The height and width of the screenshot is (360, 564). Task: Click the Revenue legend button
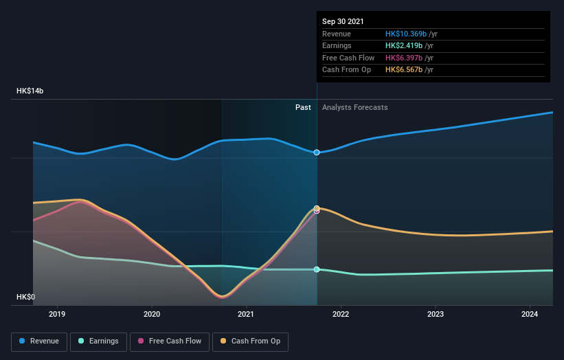40,341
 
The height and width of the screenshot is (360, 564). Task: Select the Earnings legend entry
98,341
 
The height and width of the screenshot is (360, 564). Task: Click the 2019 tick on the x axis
57,314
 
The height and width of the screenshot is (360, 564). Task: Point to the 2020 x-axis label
152,314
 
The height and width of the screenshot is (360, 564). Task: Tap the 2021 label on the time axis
246,314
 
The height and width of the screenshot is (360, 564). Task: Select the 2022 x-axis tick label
341,314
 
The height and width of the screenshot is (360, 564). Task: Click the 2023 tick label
435,314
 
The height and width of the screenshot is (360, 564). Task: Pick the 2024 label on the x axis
530,314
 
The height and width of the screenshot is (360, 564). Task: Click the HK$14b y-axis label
31,91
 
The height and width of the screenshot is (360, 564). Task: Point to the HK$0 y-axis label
27,297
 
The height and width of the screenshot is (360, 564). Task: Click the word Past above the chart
303,107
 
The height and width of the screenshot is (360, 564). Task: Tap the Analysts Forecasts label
354,107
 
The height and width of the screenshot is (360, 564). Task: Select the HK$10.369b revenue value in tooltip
406,34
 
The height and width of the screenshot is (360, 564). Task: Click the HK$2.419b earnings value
404,46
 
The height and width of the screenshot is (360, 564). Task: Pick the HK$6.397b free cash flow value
404,58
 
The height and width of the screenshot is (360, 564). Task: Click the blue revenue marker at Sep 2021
317,153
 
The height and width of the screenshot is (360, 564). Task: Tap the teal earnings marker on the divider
317,269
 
